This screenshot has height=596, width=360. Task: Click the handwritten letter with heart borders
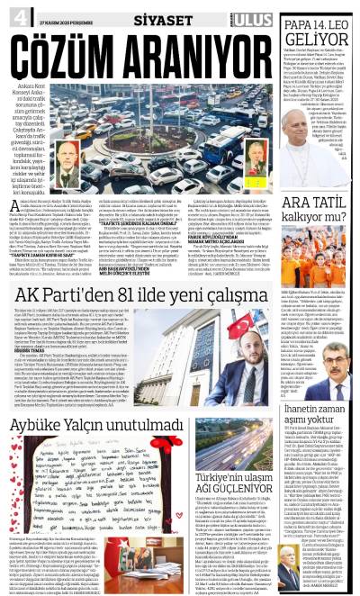click(x=117, y=467)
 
